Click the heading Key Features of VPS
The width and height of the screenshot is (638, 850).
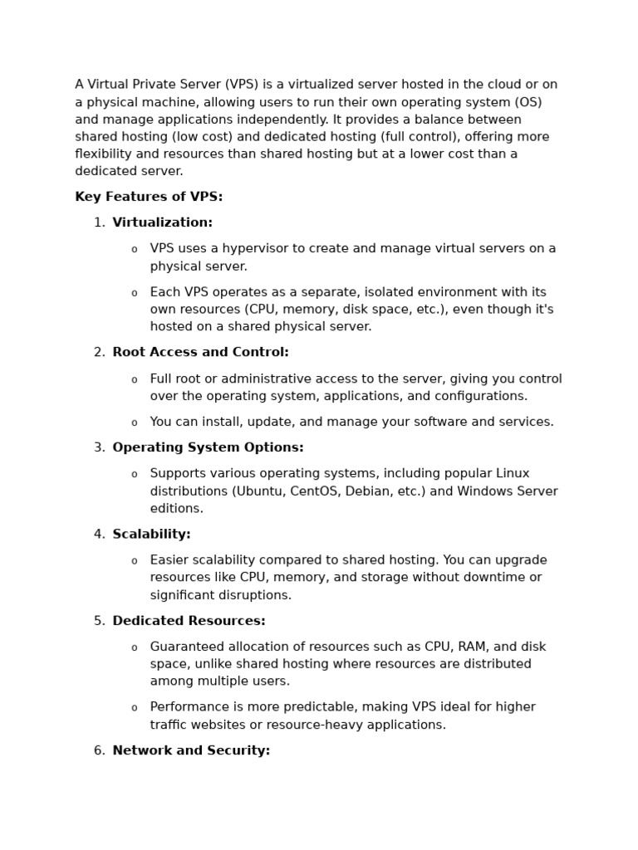click(x=149, y=197)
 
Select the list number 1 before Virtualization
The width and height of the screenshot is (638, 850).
click(x=99, y=222)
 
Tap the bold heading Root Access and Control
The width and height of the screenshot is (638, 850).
click(x=200, y=352)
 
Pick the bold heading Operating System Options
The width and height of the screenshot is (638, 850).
click(x=208, y=447)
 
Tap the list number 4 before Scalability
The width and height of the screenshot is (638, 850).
click(x=99, y=534)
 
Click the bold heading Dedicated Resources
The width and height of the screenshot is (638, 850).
click(x=189, y=620)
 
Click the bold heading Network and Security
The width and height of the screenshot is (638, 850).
click(x=191, y=750)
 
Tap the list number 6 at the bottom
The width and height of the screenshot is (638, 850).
click(x=99, y=750)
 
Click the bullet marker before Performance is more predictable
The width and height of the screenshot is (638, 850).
click(x=135, y=708)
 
